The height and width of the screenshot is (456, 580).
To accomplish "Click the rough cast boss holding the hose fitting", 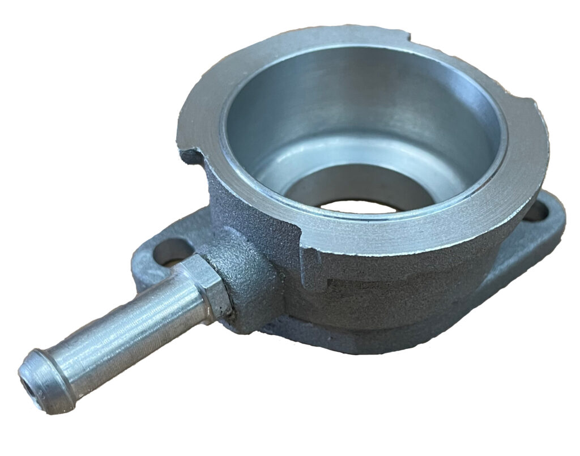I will [x=249, y=278].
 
